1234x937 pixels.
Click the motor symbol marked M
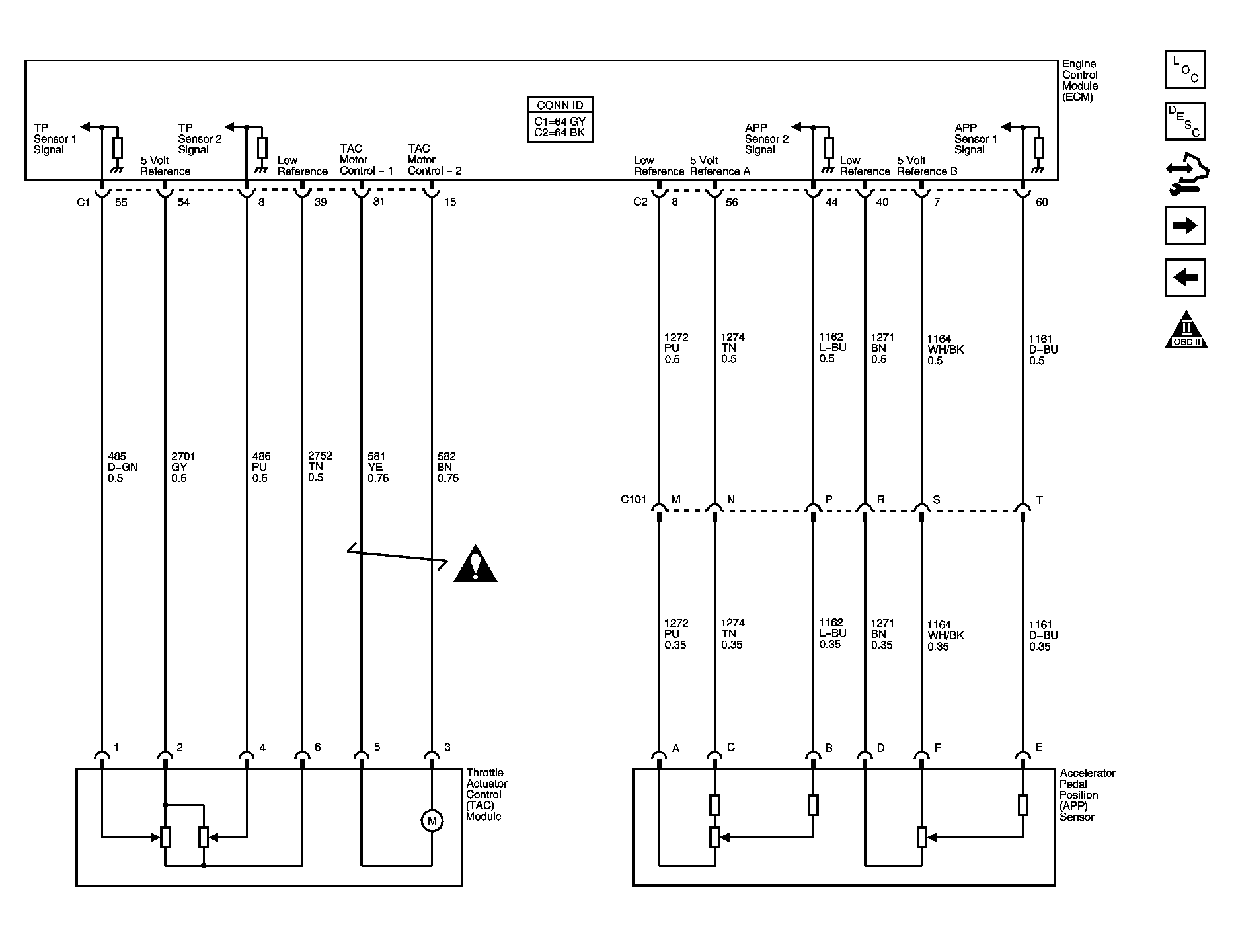point(432,821)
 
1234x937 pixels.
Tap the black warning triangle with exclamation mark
point(475,564)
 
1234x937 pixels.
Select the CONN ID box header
point(560,105)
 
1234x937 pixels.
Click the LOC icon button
point(1185,69)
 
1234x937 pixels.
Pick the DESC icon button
point(1185,121)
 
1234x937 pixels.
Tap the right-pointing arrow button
point(1185,225)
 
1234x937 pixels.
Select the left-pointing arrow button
point(1185,277)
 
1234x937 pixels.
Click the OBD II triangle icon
point(1186,330)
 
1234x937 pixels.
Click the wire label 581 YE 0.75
point(378,468)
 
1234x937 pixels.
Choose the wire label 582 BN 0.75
point(448,468)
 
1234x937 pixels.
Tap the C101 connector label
point(633,499)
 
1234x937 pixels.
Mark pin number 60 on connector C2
point(1042,202)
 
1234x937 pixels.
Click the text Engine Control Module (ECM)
point(1080,81)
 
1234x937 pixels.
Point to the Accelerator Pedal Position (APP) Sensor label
point(1088,795)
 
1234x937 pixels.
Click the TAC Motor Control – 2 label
point(434,160)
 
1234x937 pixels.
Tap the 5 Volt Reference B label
point(927,166)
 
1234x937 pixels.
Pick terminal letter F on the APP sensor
point(938,748)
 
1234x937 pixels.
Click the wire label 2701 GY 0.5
point(183,468)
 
